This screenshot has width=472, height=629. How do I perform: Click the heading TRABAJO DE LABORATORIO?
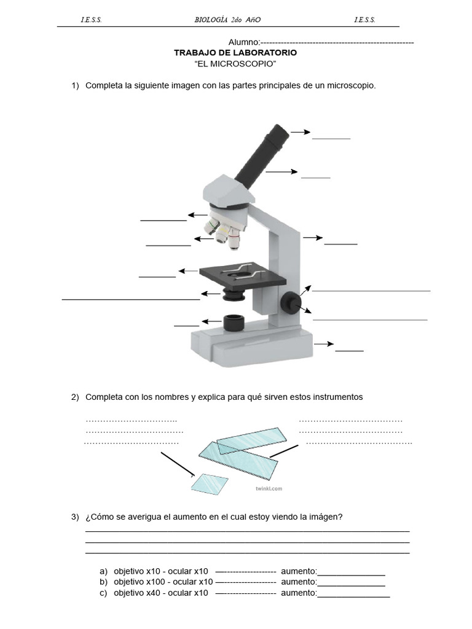point(235,53)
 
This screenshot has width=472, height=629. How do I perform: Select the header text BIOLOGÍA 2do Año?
point(227,20)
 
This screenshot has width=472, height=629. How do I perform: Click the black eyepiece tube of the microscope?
point(261,155)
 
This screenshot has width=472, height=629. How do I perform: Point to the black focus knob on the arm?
point(291,302)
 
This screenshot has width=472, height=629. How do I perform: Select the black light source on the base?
point(234,322)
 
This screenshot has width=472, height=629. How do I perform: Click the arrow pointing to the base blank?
point(324,344)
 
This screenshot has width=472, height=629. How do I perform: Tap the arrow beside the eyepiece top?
point(301,131)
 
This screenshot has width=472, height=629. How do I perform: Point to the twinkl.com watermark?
point(269,489)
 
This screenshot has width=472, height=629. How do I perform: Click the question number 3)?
point(75,517)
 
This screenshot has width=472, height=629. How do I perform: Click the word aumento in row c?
point(298,593)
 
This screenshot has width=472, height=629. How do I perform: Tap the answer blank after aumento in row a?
point(351,572)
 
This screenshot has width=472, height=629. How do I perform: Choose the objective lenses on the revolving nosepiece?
point(224,233)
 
